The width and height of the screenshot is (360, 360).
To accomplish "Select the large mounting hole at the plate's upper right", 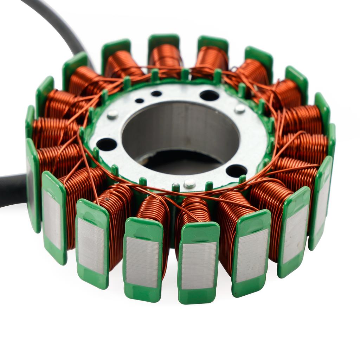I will pos(209,95).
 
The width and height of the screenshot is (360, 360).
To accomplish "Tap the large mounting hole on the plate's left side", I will pos(107,144).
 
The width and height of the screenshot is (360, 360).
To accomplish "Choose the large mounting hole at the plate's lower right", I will pos(236,171).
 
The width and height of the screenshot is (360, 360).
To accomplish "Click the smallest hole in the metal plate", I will pos(140,101).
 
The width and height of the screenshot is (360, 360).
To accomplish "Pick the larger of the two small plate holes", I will pos(156,94).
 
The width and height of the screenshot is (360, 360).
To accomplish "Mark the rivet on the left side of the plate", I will pos(112,114).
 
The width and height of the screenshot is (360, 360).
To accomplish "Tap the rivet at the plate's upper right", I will pos(240,109).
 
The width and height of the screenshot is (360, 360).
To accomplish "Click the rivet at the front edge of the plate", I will pos(189,183).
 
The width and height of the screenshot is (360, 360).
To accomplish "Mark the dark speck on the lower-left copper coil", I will pos(108,201).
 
